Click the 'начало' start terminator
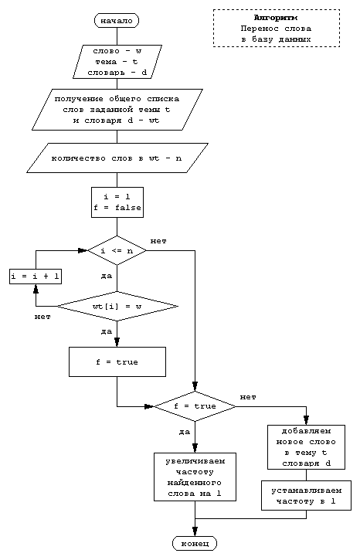point(117,21)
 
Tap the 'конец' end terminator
point(195,544)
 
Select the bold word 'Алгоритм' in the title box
point(276,18)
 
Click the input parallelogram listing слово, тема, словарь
point(117,62)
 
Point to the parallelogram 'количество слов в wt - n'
point(117,158)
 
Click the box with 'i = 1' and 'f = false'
point(117,202)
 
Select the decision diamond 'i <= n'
point(117,251)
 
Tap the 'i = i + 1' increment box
point(36,277)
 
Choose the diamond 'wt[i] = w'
point(117,307)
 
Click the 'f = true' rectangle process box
point(117,361)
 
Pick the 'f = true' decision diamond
point(195,406)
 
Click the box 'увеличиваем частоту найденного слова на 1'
point(195,477)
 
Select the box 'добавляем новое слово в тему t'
point(306,447)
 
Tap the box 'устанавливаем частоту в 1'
point(306,495)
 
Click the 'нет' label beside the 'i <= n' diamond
point(158,242)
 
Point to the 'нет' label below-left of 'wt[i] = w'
point(42,317)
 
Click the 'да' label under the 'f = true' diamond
point(184,432)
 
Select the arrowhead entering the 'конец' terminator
point(195,531)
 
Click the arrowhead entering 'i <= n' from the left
point(83,251)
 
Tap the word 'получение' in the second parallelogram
point(79,100)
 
